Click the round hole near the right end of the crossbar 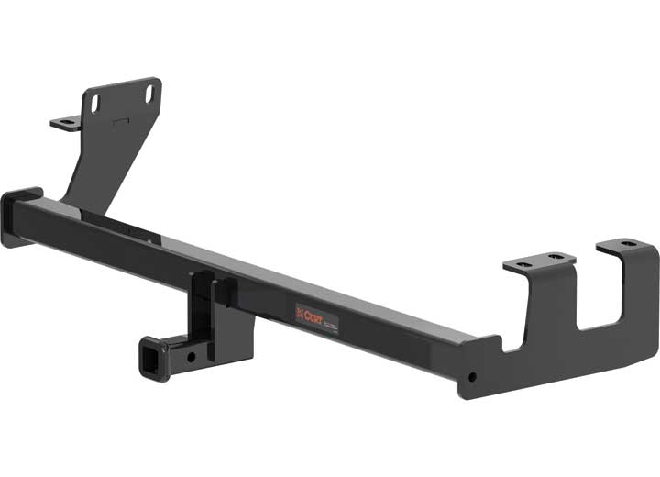(473, 377)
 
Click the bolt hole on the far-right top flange (626, 244)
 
